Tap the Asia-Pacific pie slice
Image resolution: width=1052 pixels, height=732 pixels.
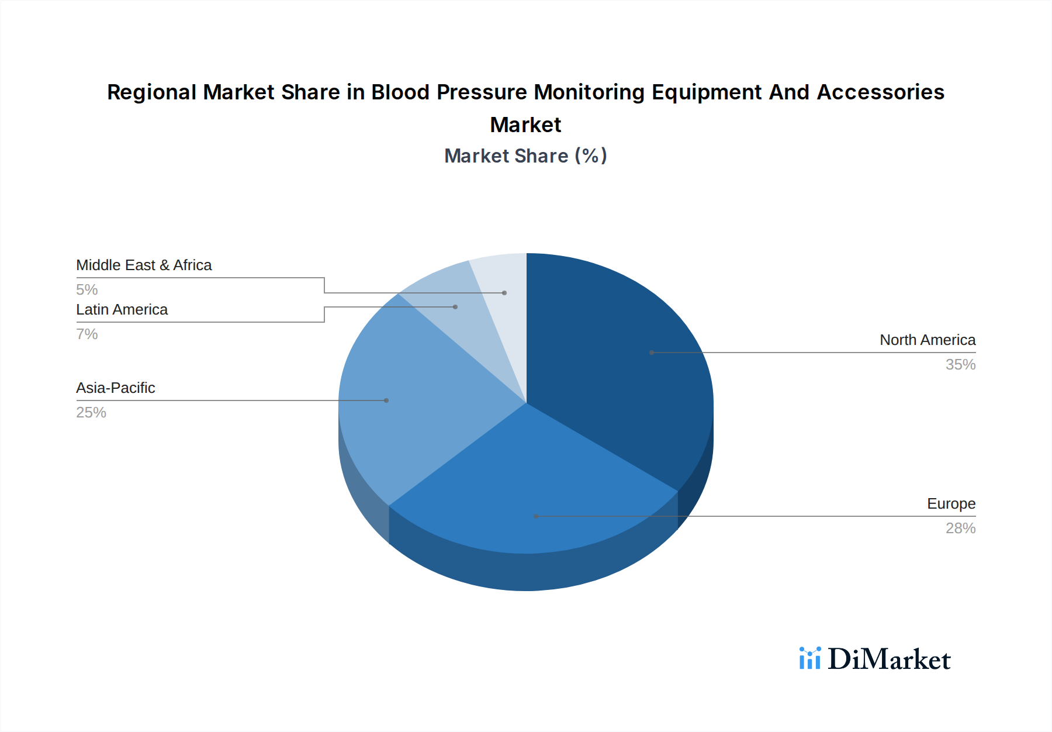409,398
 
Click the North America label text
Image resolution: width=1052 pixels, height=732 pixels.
927,340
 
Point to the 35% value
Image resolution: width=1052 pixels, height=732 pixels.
960,364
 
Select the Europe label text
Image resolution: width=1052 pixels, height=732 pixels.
950,503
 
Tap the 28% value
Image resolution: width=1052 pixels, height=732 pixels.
960,528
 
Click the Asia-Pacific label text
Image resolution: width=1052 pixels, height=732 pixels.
115,388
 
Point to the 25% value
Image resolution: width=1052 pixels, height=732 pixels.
91,412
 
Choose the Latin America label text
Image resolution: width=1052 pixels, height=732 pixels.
122,309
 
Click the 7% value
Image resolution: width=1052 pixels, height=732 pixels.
86,334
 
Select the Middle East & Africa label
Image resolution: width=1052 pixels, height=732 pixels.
144,265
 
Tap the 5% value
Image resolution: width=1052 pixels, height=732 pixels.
86,289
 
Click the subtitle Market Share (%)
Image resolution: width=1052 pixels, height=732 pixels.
525,156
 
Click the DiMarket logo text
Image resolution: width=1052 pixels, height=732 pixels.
888,659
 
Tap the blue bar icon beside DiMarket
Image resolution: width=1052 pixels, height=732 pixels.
809,658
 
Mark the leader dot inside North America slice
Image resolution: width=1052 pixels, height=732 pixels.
652,353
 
